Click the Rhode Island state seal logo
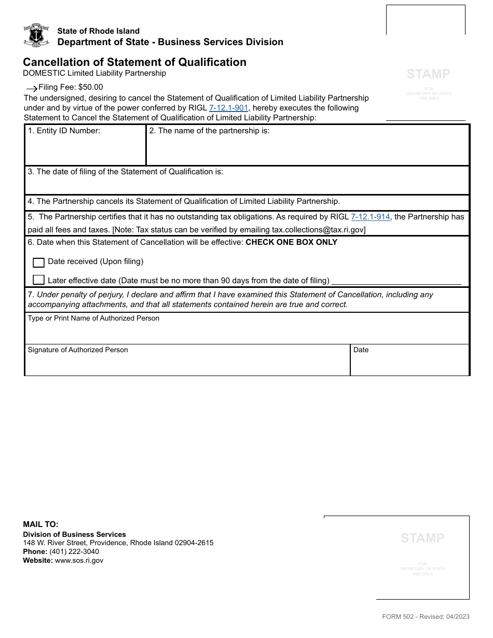(x=36, y=36)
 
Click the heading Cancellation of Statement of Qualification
(x=134, y=62)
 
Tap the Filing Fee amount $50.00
(x=91, y=87)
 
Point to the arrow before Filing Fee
(x=32, y=89)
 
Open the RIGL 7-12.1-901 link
(x=228, y=108)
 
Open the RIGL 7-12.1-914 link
(x=371, y=217)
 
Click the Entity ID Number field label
(x=64, y=131)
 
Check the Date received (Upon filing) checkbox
(x=38, y=262)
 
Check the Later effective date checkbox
(x=38, y=280)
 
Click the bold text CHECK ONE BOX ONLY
(x=291, y=242)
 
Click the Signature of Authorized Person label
(x=78, y=350)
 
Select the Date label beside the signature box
(x=361, y=350)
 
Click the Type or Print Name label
(x=93, y=318)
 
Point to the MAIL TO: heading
(x=40, y=524)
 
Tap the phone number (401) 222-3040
(x=74, y=551)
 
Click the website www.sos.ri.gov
(x=79, y=560)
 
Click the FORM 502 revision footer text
(x=426, y=617)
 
